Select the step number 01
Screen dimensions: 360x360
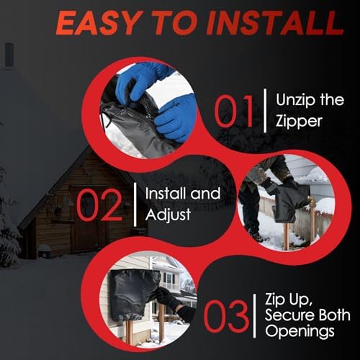coord(233,111)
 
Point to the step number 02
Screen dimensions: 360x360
coord(99,204)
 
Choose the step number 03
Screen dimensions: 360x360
coord(226,315)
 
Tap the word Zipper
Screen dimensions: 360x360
coord(299,122)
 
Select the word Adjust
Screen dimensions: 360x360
coord(168,215)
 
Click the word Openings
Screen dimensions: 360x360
coord(300,332)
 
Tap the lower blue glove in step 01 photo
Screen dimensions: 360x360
coord(176,117)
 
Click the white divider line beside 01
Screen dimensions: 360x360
coord(265,111)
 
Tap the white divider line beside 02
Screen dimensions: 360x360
coord(135,206)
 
